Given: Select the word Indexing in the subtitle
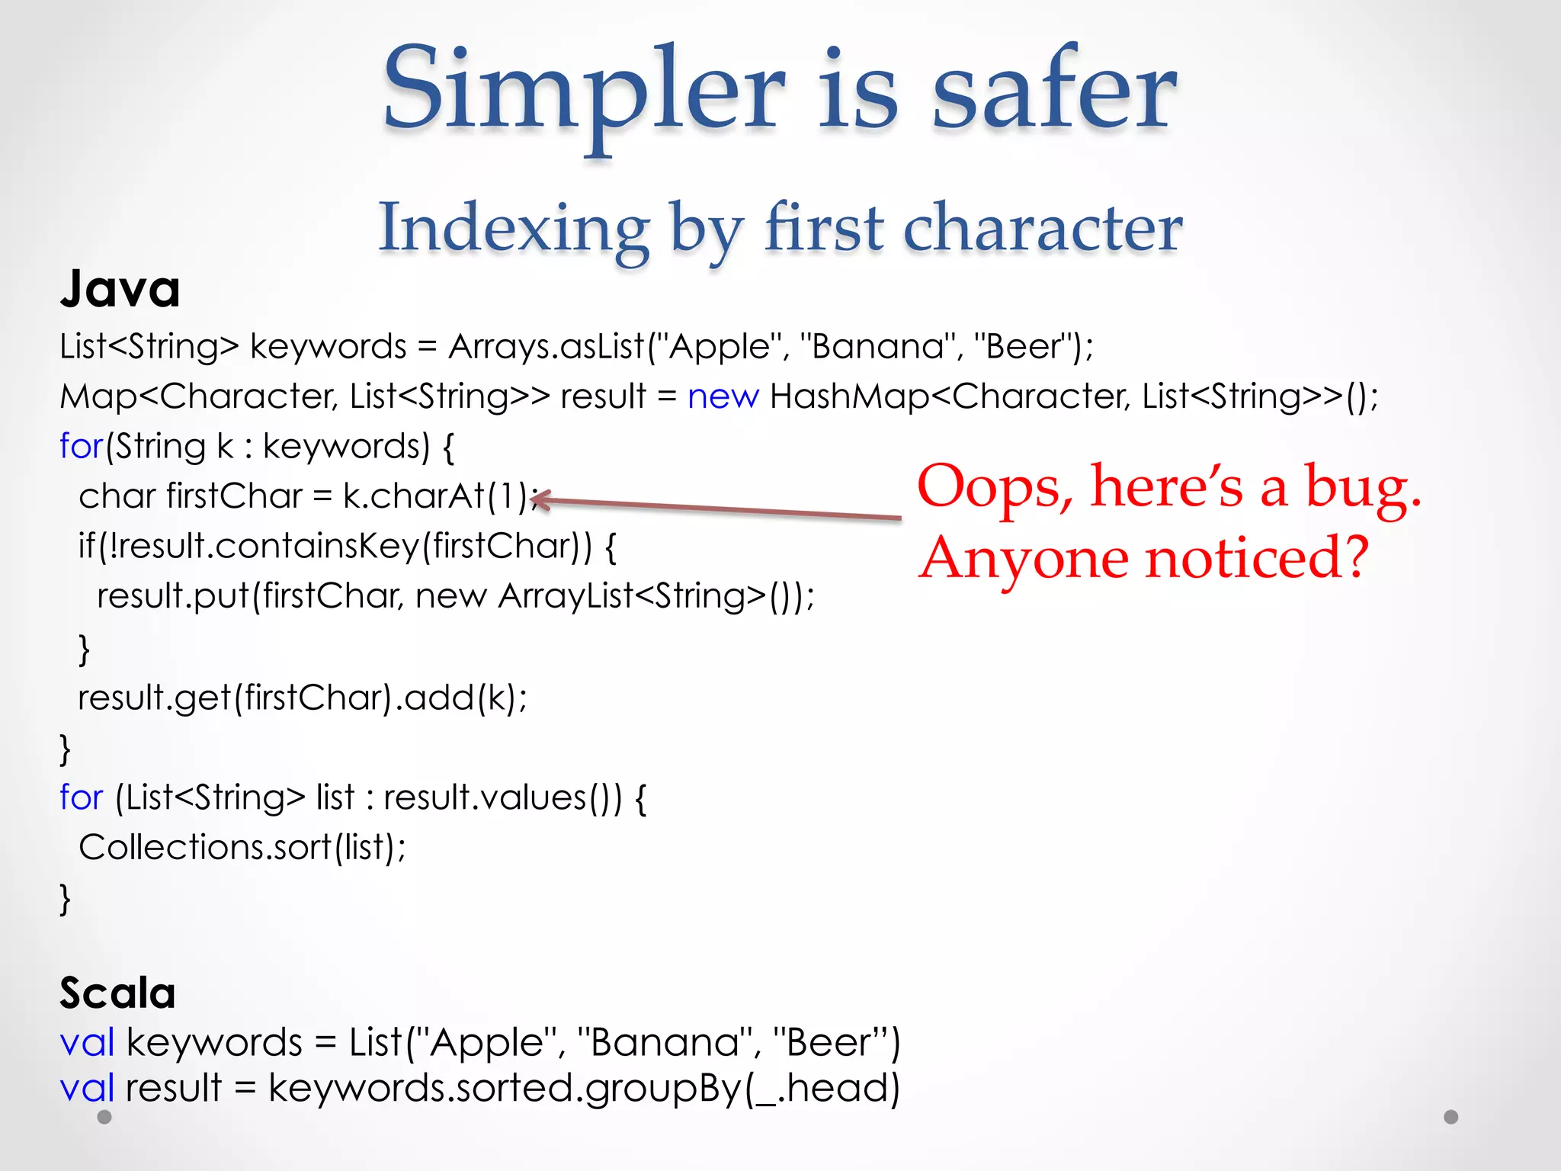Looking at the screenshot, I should [x=514, y=228].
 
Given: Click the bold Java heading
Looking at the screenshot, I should [x=120, y=290].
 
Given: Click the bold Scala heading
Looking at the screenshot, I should [x=117, y=993].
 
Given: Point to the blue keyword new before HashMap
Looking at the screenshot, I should [x=723, y=396].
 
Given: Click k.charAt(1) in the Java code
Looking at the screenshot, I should [x=435, y=496].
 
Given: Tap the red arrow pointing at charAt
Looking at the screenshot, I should [x=716, y=509].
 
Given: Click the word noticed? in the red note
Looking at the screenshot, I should [x=1258, y=558].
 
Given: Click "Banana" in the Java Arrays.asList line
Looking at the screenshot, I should [x=877, y=347].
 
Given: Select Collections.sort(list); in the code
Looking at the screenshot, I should [x=242, y=847].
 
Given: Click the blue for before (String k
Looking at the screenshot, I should [x=81, y=446].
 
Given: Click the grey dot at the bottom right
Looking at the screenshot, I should [x=1450, y=1117].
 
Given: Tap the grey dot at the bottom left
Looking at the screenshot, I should [x=104, y=1117].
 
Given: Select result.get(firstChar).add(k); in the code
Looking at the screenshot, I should [x=302, y=698].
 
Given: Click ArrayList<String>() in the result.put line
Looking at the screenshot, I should [x=655, y=596].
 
